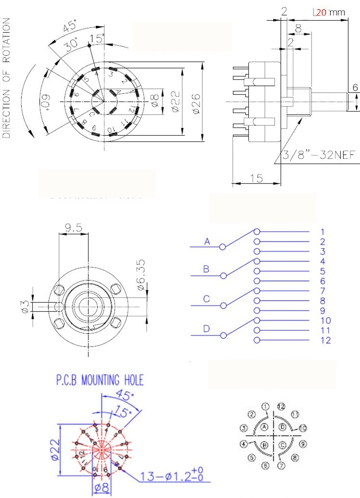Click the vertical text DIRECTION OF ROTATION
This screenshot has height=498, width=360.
coord(7,78)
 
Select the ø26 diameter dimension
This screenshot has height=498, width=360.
coord(197,102)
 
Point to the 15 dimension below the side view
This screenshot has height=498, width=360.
coord(256,178)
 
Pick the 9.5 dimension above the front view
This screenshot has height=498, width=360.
coord(74,227)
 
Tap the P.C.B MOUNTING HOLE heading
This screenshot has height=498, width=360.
coord(100,381)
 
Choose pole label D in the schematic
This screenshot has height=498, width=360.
coord(206,329)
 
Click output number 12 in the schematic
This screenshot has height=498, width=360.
coord(325,341)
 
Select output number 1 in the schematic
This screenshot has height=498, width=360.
coord(322,232)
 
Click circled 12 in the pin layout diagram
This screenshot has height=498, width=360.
coord(282,407)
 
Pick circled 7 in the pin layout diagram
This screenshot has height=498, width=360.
coord(282,464)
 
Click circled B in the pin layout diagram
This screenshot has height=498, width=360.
coord(264,445)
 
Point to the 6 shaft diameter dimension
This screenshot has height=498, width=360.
coord(355,87)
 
